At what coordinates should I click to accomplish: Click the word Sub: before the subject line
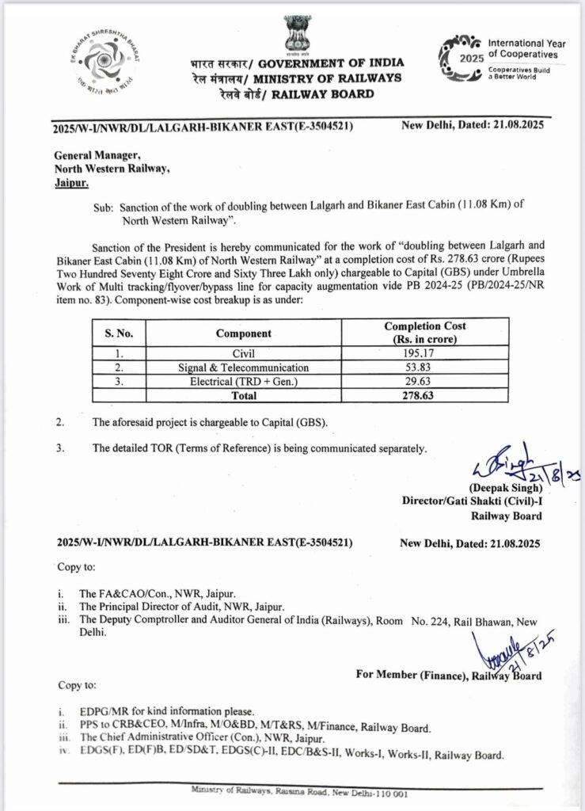point(104,204)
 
